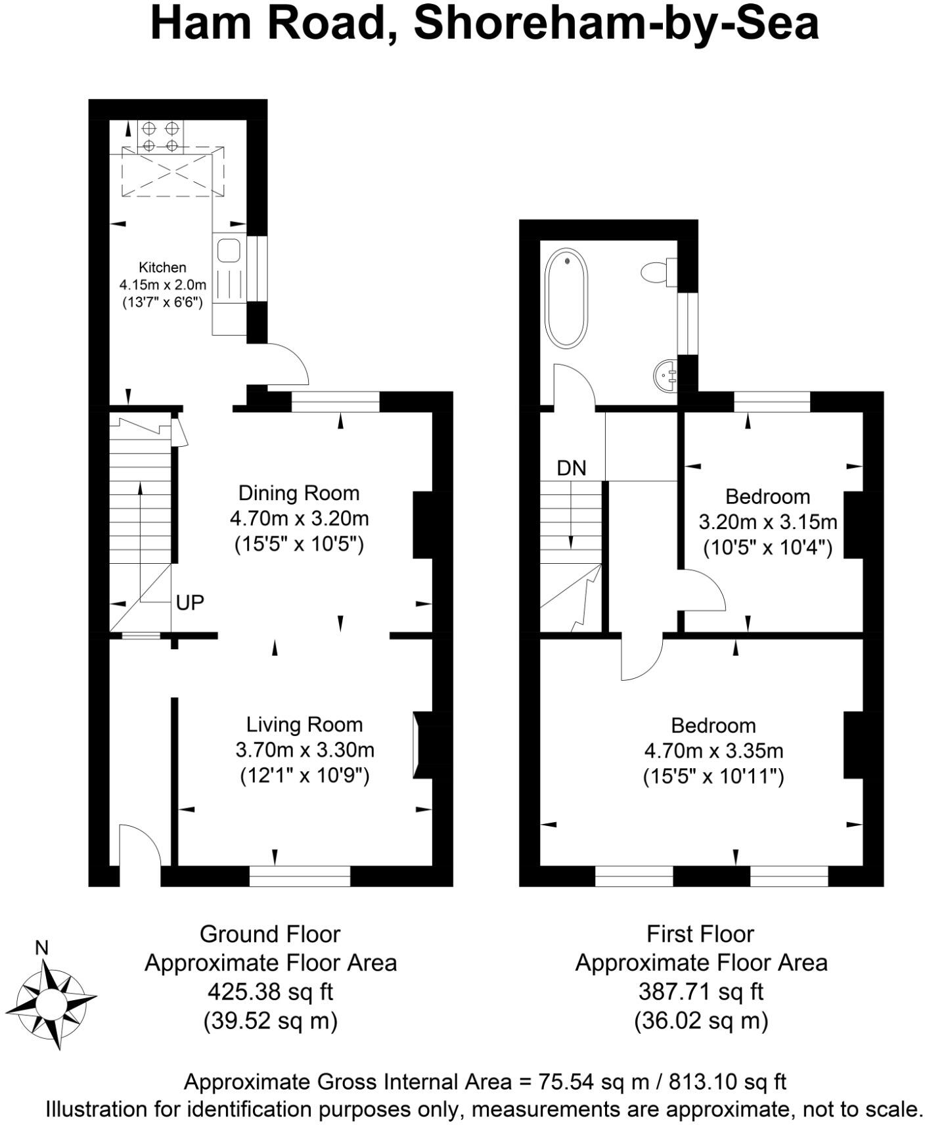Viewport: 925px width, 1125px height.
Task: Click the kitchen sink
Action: click(x=228, y=250)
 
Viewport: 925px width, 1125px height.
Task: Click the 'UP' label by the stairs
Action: click(x=190, y=602)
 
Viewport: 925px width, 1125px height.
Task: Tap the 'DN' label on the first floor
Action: click(x=571, y=468)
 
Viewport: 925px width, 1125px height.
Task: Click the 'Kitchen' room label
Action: click(x=162, y=267)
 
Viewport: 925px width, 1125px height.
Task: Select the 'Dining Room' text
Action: click(x=298, y=493)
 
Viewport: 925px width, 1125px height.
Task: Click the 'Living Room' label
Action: click(x=304, y=724)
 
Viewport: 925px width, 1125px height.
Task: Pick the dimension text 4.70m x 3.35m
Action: click(x=713, y=750)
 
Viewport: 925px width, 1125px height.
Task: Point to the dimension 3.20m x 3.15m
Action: click(x=767, y=522)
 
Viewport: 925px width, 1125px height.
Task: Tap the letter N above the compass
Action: click(x=42, y=948)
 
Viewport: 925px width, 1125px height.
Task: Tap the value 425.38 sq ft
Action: click(x=270, y=990)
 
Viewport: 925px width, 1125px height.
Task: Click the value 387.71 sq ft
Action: click(x=700, y=990)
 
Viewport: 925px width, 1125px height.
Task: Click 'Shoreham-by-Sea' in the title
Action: click(x=616, y=24)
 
